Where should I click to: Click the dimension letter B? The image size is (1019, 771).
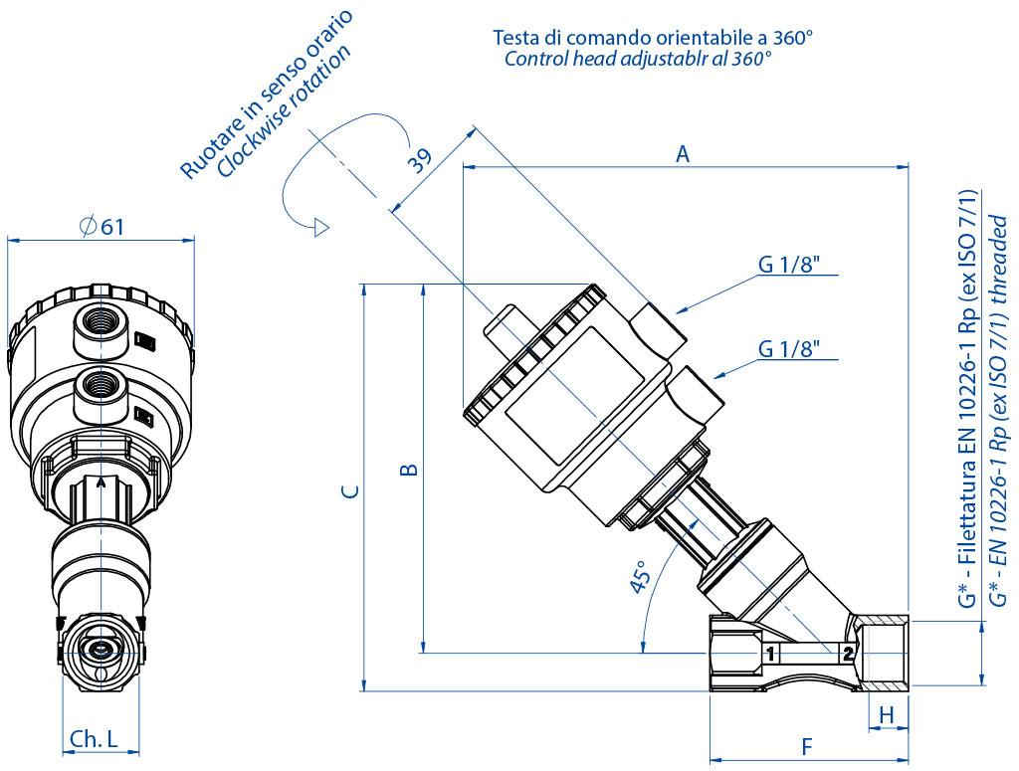pos(408,469)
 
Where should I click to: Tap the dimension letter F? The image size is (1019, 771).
pos(807,745)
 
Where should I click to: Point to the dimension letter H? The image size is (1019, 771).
pos(887,713)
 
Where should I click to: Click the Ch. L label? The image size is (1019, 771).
pos(95,738)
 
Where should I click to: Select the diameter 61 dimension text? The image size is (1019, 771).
pos(102,227)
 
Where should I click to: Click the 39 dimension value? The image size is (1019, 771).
pos(420,161)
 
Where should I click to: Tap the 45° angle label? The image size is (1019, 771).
pos(640,577)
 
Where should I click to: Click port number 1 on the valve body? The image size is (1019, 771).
pos(769,654)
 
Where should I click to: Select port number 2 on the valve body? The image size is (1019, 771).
pos(847,654)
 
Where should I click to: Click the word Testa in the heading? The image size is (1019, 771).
pos(516,38)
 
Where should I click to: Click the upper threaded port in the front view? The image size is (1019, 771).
pos(100,322)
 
